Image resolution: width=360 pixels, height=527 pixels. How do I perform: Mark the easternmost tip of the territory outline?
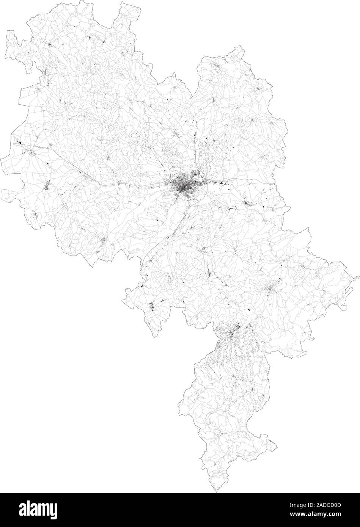pyautogui.click(x=358, y=276)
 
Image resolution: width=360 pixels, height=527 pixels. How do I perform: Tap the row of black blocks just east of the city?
pyautogui.click(x=220, y=185)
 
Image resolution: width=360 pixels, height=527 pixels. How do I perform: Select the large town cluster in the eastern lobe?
pyautogui.click(x=270, y=290)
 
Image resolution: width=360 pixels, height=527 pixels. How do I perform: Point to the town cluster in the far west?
pyautogui.click(x=47, y=187)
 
